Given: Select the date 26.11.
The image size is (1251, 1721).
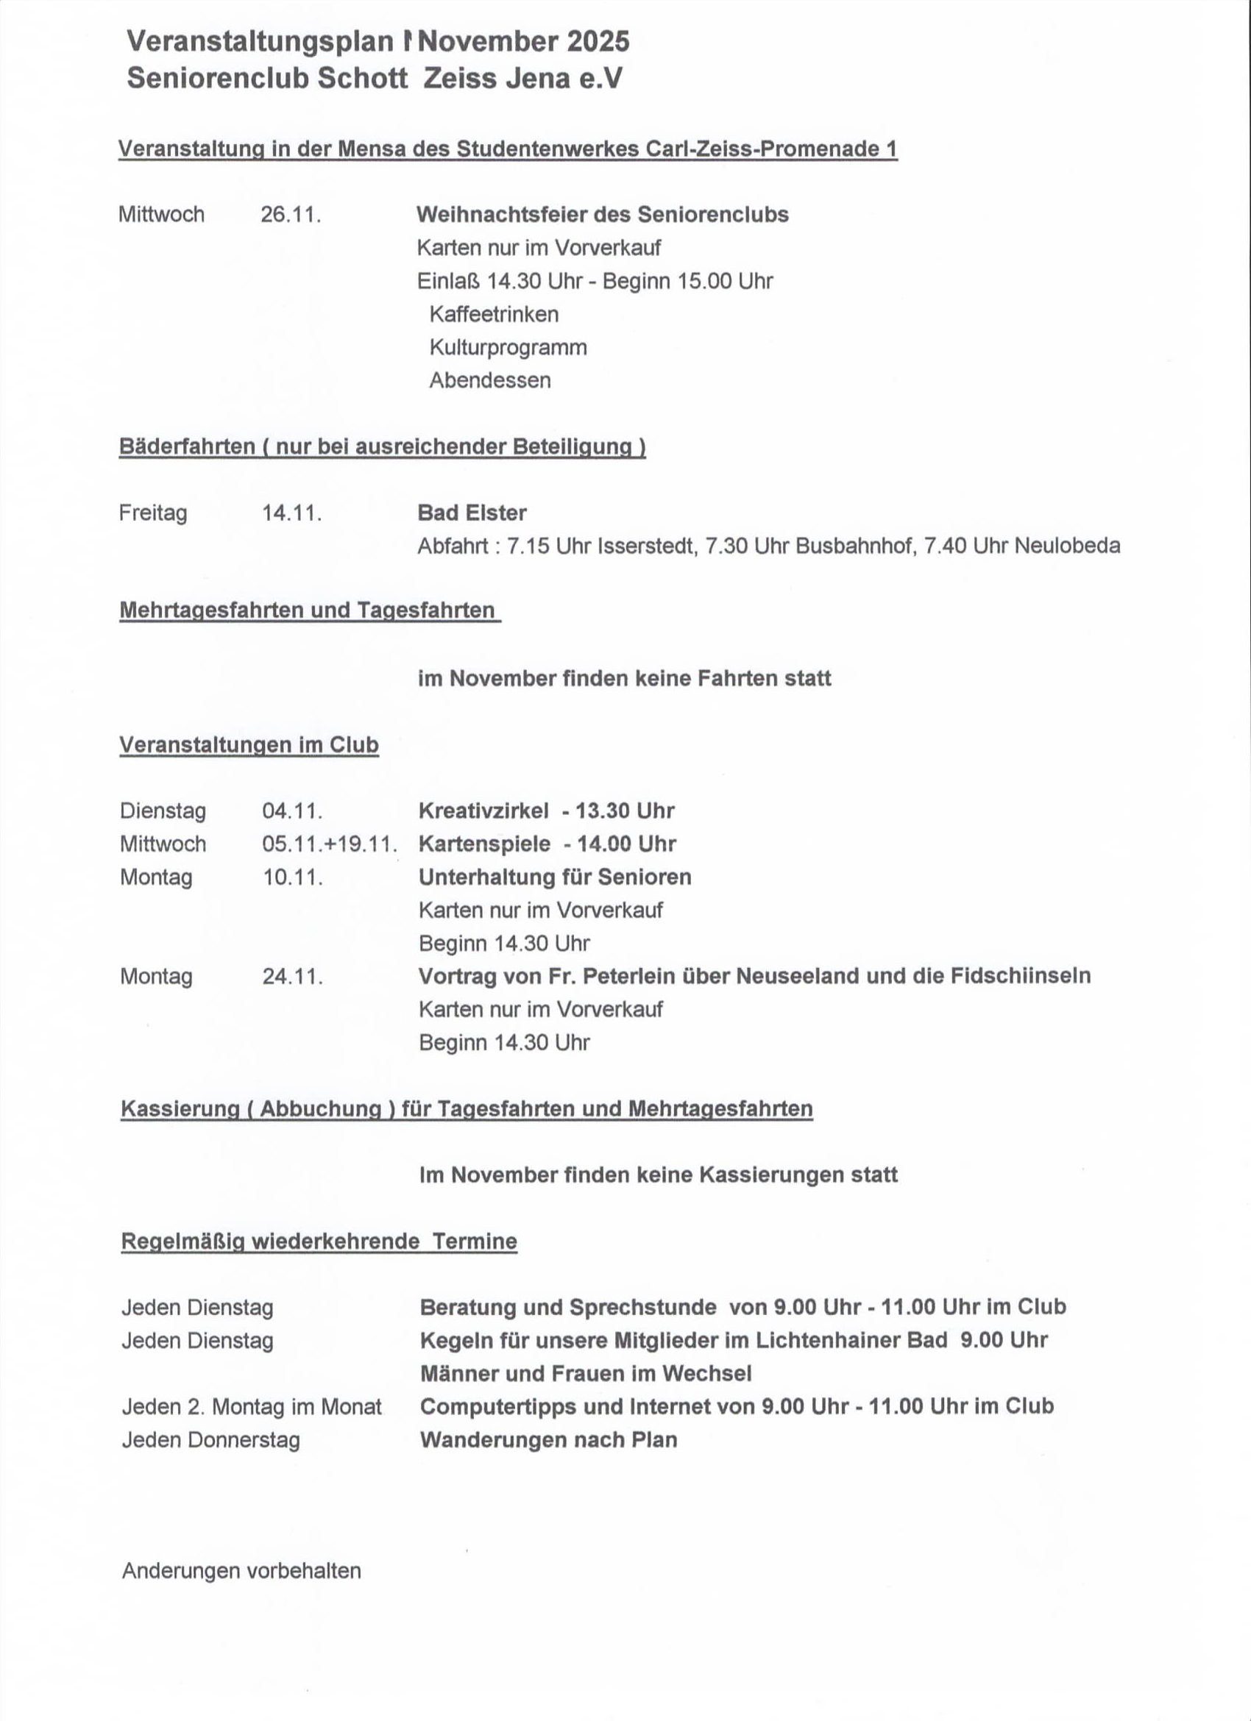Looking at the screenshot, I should pos(290,215).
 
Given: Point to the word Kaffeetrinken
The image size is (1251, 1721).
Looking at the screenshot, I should pos(494,314).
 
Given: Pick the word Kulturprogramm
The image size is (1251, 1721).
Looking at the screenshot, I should pos(508,348).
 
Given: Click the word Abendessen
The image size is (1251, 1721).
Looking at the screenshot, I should pos(489,380).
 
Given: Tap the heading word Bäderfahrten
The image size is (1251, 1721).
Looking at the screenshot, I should pos(187,446).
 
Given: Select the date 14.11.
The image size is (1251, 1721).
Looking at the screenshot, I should pos(291,513).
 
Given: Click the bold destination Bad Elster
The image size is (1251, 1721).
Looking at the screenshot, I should pos(472,513).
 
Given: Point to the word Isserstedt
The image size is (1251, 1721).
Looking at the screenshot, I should pos(647,546).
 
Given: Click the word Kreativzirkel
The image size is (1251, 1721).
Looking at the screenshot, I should pos(483,810).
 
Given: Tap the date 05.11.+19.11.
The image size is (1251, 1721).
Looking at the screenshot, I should pos(329,844).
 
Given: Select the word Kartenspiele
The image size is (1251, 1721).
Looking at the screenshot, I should pos(484,844).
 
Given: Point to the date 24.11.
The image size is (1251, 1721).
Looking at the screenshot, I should pos(292,977).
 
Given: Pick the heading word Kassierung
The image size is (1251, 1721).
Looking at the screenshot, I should pos(179,1108).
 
